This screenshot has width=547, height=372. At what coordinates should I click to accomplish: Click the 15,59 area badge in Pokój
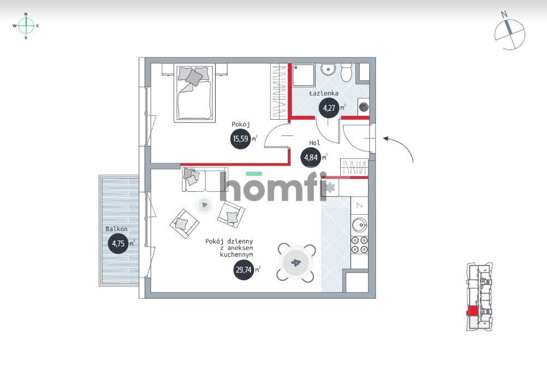coord(240,139)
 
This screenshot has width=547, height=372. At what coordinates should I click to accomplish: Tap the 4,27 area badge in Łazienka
coord(330,108)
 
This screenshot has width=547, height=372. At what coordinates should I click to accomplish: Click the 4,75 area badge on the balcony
coord(117,243)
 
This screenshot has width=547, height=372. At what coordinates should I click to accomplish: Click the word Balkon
coord(117,229)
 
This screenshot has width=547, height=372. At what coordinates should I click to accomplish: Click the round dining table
coord(296,263)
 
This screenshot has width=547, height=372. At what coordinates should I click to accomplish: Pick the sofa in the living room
coord(199,180)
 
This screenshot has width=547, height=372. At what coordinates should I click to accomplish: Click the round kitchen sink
coord(360,224)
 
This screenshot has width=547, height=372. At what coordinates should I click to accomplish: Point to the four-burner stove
coord(360,244)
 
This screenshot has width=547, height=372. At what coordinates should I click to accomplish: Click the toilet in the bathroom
coord(347,72)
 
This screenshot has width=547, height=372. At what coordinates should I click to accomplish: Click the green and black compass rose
coord(26,25)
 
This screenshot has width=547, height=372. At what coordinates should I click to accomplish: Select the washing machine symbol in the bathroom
coord(363,108)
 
